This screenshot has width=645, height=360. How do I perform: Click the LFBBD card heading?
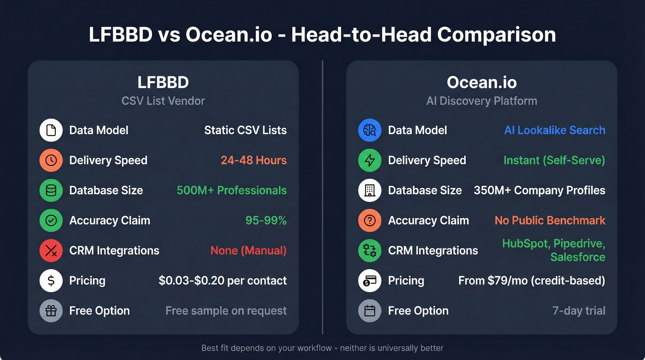click(163, 83)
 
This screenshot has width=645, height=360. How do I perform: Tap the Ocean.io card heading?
click(481, 83)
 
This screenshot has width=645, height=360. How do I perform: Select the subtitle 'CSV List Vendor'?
click(163, 100)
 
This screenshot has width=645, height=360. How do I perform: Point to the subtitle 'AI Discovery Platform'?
click(481, 100)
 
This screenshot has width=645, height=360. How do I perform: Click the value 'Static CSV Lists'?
click(245, 130)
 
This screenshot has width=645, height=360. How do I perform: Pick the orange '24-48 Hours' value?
click(253, 160)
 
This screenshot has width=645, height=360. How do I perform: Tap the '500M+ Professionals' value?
click(232, 190)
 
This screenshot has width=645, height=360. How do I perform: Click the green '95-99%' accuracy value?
click(266, 220)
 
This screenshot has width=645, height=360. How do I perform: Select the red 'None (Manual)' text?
click(248, 250)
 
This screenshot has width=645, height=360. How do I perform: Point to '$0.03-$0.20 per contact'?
click(223, 280)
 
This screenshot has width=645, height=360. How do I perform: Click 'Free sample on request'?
click(226, 311)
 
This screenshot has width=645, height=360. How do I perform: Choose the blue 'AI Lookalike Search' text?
click(555, 130)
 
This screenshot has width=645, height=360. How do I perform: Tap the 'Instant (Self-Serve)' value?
click(554, 160)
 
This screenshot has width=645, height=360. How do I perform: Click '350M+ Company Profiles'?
click(539, 190)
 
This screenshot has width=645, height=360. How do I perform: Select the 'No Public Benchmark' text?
click(550, 220)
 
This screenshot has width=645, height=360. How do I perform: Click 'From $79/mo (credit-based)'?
click(532, 280)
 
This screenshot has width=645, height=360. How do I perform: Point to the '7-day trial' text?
click(579, 311)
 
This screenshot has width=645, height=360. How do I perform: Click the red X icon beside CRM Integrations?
click(51, 250)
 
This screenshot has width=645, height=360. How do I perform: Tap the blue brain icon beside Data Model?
click(369, 130)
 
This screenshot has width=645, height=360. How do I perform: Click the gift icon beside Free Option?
click(51, 311)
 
